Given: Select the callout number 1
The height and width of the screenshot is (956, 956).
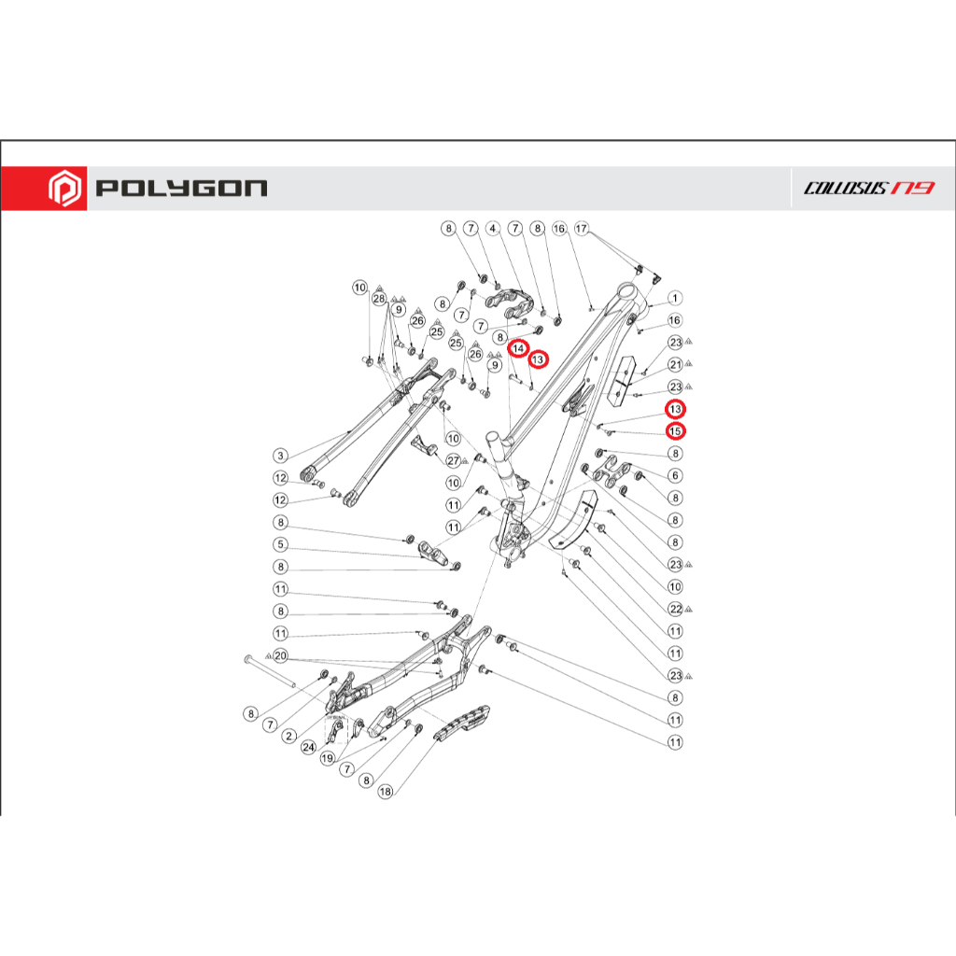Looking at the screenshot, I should pos(675,298).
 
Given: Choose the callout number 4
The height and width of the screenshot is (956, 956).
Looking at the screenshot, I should pos(494,229).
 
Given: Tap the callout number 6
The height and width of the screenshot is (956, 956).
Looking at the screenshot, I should pos(675,475).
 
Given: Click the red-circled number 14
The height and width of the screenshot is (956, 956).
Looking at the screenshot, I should pos(517,348).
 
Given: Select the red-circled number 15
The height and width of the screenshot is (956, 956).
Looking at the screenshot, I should pos(675,430).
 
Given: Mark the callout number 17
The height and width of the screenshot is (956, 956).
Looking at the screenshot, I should pos(582,229).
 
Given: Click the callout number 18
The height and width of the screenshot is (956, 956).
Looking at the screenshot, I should pos(385,792).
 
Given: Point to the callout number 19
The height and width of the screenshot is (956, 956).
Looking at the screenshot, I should pos(328,759).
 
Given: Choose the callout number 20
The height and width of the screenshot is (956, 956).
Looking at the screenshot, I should pos(279,656).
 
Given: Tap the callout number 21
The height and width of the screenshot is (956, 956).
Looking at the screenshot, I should pos(675,364).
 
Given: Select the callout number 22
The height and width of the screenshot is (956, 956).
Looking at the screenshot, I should pos(675,609).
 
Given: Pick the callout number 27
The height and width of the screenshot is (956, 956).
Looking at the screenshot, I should pos(453,460).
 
